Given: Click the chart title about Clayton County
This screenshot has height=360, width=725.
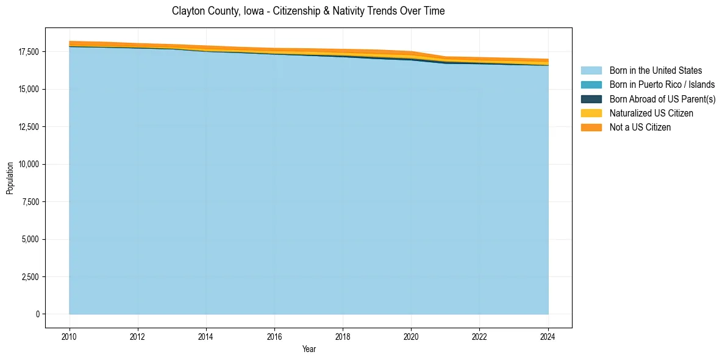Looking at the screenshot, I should (308, 11).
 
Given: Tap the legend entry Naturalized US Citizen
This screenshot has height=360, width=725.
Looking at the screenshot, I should (651, 113).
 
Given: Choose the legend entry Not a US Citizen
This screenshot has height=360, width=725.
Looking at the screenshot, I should (640, 128).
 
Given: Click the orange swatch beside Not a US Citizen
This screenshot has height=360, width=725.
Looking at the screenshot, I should (591, 128).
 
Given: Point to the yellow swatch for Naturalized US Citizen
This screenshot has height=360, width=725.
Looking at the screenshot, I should (591, 113).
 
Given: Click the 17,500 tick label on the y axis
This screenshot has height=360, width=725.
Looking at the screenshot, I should (28, 52).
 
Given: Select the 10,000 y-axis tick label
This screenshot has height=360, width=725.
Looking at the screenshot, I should (28, 165).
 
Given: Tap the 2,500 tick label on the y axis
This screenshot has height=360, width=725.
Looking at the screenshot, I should (30, 277).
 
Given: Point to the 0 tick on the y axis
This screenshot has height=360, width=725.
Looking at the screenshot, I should (37, 314).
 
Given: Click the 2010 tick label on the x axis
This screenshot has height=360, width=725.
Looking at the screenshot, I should (70, 336).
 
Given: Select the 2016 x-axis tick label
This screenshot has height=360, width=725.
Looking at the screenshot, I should (274, 336).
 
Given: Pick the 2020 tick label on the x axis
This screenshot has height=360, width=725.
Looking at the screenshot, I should (411, 336).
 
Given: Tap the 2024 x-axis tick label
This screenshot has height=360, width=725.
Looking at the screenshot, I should (548, 336).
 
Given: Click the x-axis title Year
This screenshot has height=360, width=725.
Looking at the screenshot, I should (309, 349).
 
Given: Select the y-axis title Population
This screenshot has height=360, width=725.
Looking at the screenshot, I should (10, 178).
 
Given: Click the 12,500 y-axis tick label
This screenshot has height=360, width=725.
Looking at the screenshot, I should (28, 127).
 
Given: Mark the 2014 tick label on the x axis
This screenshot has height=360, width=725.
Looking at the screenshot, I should (206, 336).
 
